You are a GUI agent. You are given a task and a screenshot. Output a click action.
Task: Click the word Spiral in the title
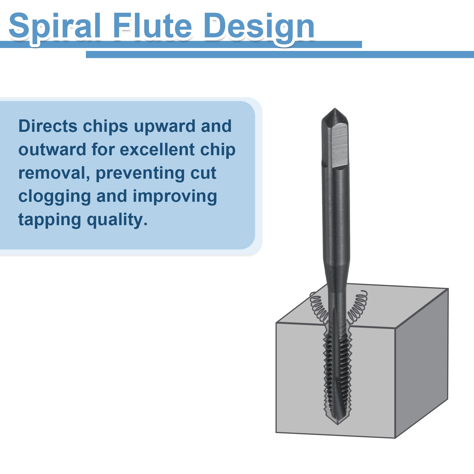point(55,27)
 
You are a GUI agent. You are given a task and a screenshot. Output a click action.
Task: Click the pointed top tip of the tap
point(335,108)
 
